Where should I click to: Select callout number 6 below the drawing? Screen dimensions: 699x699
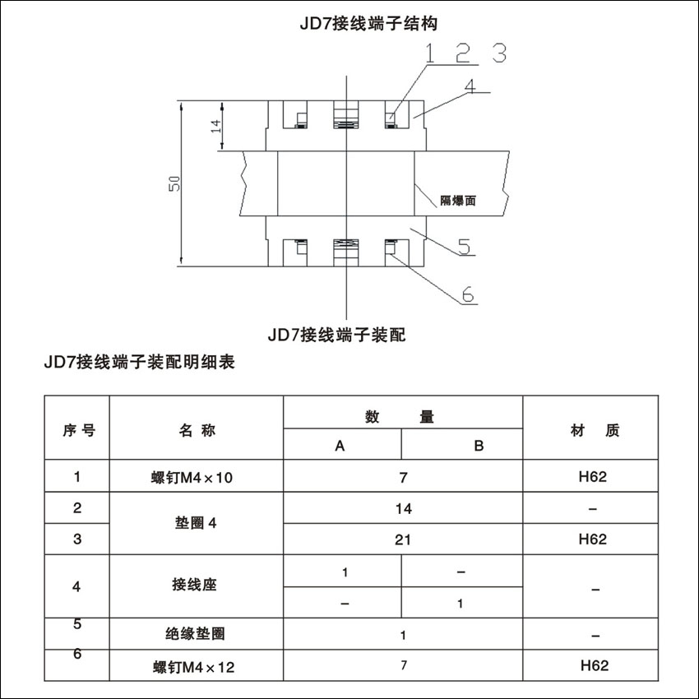tap(468, 294)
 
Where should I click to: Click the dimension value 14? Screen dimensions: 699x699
tap(216, 126)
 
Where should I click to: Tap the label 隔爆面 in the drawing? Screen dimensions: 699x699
tap(458, 199)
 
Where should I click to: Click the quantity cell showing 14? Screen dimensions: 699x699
tap(403, 509)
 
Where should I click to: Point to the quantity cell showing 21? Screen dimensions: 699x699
tap(403, 539)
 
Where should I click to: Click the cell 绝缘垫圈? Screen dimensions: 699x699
tap(195, 634)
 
